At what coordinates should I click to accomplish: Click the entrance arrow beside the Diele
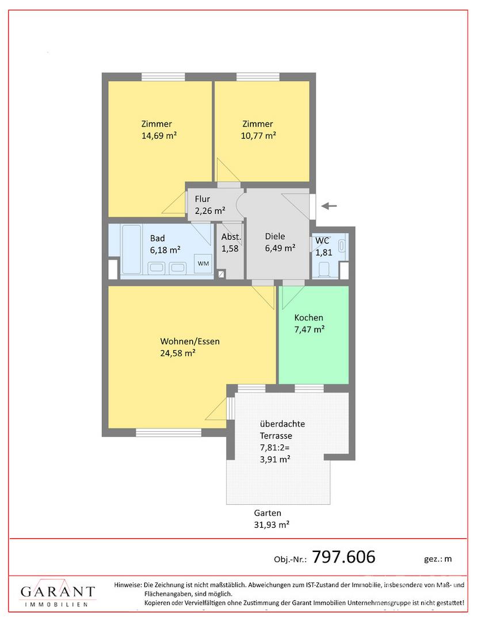(329, 205)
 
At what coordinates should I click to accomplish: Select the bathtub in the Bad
(131, 250)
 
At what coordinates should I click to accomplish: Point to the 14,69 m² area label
(159, 136)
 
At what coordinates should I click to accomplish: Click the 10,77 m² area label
(258, 136)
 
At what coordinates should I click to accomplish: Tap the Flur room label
(202, 199)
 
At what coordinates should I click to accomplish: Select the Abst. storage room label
(231, 237)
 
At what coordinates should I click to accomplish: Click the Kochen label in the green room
(308, 317)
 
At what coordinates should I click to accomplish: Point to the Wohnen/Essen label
(190, 342)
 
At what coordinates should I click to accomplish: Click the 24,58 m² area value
(177, 353)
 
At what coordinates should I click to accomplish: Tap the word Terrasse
(276, 436)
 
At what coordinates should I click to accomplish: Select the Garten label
(268, 513)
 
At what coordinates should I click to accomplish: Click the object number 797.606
(344, 557)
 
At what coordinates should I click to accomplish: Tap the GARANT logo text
(58, 592)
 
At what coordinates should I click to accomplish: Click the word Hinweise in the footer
(128, 585)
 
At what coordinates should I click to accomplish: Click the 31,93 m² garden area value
(272, 525)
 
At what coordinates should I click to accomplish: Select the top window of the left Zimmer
(163, 77)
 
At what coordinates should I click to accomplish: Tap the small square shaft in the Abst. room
(222, 273)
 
